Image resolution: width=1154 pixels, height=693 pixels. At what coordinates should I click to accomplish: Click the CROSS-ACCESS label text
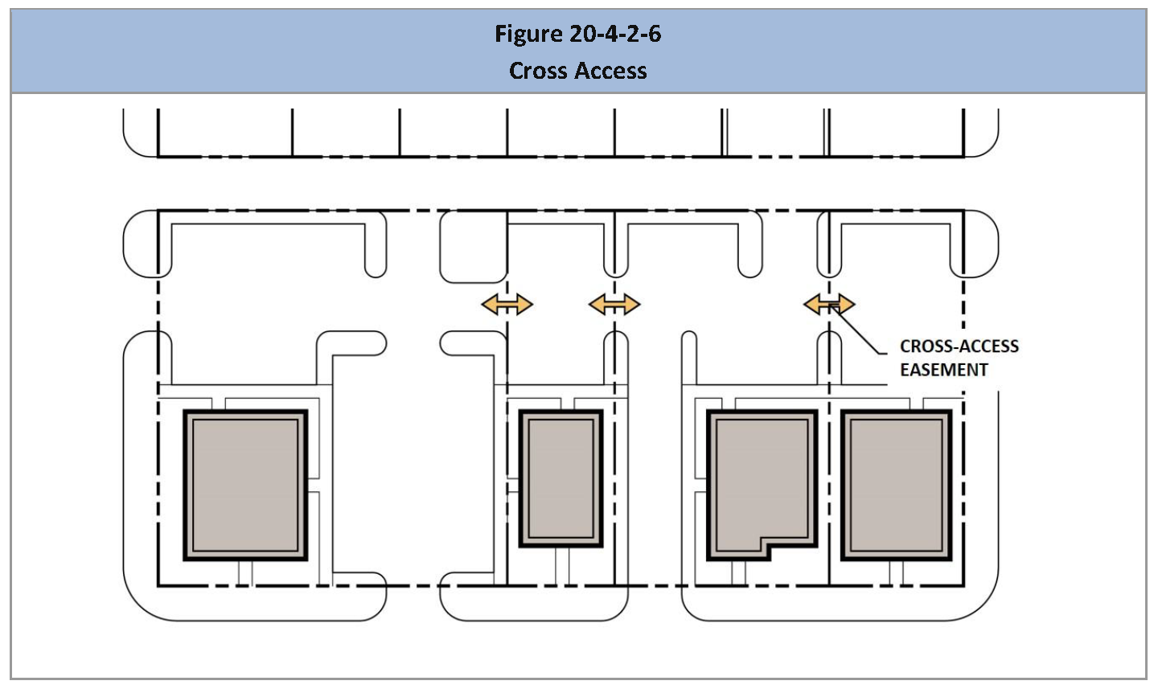pyautogui.click(x=959, y=346)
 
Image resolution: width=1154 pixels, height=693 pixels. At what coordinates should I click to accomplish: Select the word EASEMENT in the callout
pyautogui.click(x=943, y=370)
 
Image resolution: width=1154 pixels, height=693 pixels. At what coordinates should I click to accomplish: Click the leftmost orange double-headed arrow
pyautogui.click(x=507, y=304)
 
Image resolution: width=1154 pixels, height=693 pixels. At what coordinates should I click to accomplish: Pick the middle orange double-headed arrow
pyautogui.click(x=614, y=304)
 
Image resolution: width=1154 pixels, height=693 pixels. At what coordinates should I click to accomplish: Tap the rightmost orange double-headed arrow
pyautogui.click(x=829, y=304)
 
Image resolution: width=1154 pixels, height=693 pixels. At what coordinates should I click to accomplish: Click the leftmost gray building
pyautogui.click(x=245, y=485)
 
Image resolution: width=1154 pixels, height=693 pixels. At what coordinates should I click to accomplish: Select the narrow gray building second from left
pyautogui.click(x=561, y=479)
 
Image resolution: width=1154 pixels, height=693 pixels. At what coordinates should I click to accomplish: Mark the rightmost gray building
pyautogui.click(x=896, y=485)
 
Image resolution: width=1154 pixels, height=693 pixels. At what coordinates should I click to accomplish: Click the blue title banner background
pyautogui.click(x=241, y=51)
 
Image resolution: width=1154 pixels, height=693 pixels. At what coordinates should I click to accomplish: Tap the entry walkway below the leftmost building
pyautogui.click(x=245, y=573)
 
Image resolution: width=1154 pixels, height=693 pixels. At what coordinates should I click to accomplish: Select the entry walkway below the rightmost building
pyautogui.click(x=896, y=573)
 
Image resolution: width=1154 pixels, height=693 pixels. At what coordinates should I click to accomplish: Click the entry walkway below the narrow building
pyautogui.click(x=562, y=567)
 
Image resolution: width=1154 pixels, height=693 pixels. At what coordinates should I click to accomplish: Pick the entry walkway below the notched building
pyautogui.click(x=738, y=573)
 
